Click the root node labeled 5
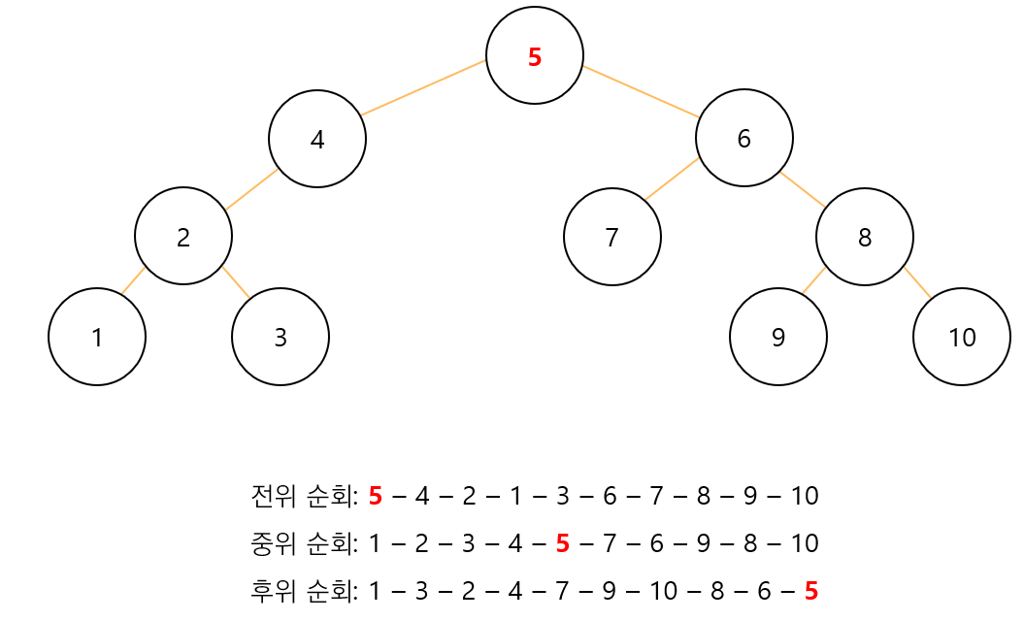[535, 55]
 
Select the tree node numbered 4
[317, 139]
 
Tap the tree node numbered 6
[744, 138]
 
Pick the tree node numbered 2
[183, 236]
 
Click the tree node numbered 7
[612, 237]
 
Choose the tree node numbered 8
[865, 237]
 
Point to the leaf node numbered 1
[97, 337]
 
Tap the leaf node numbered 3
[281, 337]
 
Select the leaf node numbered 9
[778, 337]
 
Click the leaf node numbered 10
[962, 337]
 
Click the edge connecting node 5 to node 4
[423, 87]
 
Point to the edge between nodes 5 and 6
[641, 91]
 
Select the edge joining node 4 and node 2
[252, 189]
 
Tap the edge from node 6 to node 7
[672, 180]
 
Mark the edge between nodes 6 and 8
[803, 189]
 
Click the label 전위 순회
[304, 497]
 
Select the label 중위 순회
[304, 543]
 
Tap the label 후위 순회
[304, 590]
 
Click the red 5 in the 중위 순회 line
[562, 543]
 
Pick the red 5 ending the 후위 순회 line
[811, 590]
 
